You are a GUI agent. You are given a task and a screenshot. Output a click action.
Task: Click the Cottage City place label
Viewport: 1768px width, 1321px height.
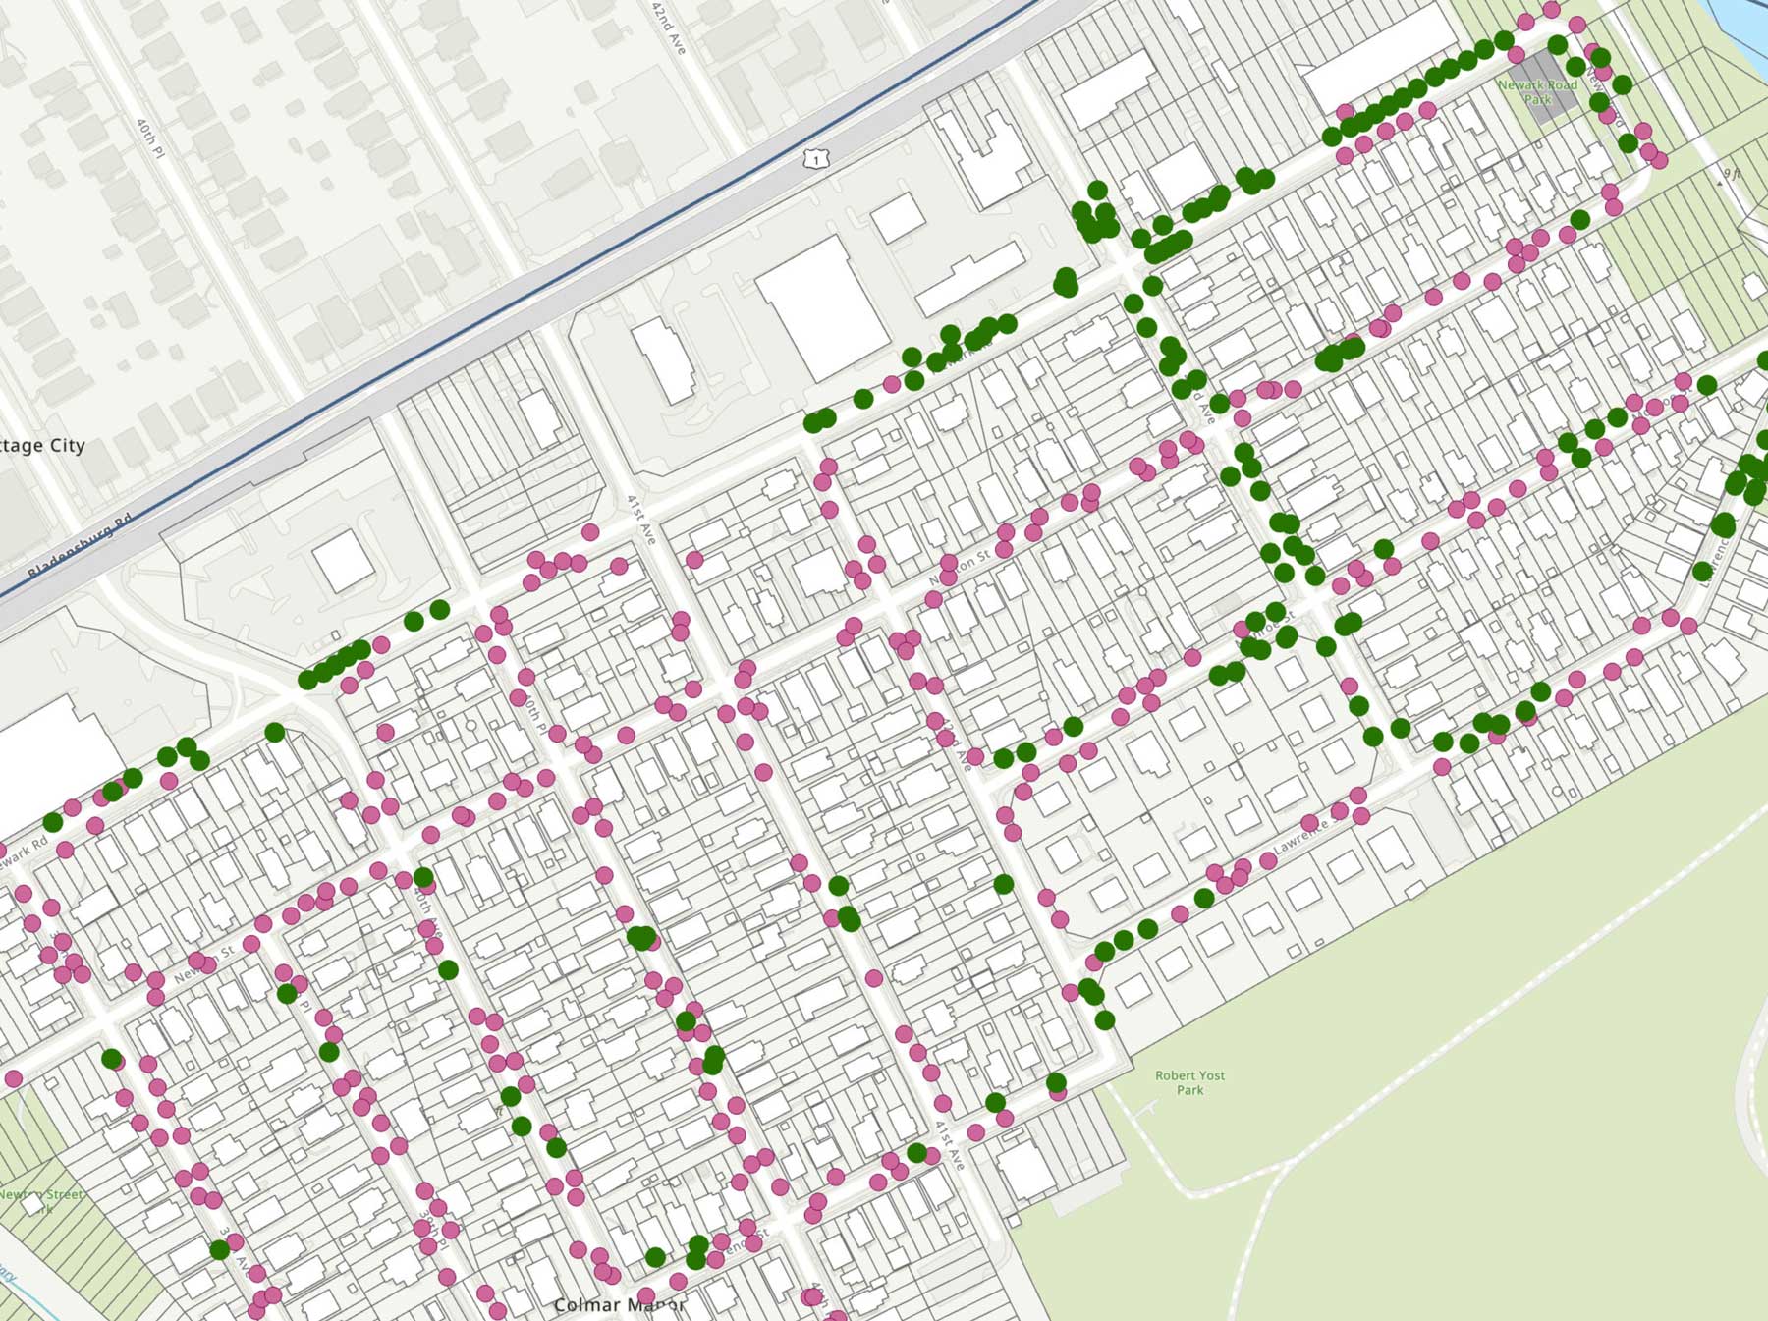pos(41,446)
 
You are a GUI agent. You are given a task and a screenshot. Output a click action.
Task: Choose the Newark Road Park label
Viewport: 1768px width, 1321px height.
pos(1537,92)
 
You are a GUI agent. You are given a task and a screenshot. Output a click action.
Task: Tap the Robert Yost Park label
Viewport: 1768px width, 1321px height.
pos(1189,1082)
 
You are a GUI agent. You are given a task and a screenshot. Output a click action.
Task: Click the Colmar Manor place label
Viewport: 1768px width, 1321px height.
pos(619,1305)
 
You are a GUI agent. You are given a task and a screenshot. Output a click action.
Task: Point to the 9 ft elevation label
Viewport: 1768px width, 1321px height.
pos(1731,174)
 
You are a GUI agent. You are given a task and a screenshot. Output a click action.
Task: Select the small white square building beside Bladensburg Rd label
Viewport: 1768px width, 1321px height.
pos(343,560)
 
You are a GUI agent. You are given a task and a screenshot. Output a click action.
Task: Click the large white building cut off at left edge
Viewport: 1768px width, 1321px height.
pos(49,756)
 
